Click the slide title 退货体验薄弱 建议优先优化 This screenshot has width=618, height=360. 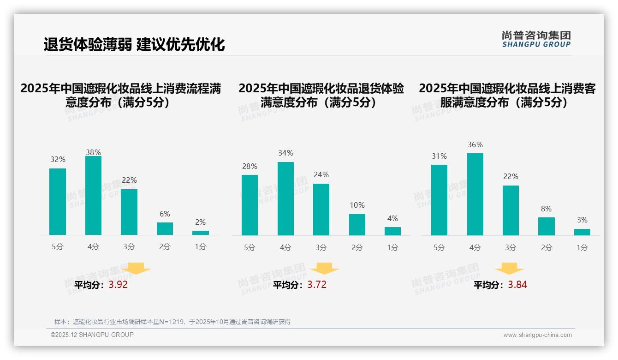(134, 45)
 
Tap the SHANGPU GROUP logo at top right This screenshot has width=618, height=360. (536, 39)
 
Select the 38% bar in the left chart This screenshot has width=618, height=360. (93, 196)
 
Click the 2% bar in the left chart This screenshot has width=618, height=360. (201, 233)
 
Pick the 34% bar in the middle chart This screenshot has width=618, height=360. (285, 198)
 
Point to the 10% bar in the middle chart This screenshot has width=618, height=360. (357, 225)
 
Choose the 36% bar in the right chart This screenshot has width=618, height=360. (475, 194)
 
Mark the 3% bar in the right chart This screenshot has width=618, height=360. (582, 232)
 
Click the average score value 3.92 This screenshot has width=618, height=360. (118, 285)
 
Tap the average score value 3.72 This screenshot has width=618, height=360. (317, 285)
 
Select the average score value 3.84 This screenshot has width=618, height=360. (517, 285)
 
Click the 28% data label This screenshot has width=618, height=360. (250, 167)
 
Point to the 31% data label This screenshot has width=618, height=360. (439, 156)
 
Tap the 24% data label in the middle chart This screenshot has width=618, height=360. (321, 175)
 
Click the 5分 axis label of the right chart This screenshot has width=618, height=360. (439, 248)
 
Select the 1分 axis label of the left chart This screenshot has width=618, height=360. (201, 247)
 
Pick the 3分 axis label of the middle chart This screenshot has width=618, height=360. (321, 248)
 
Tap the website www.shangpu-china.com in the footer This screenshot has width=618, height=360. (537, 335)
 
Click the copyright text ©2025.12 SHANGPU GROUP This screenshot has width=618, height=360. (92, 335)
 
